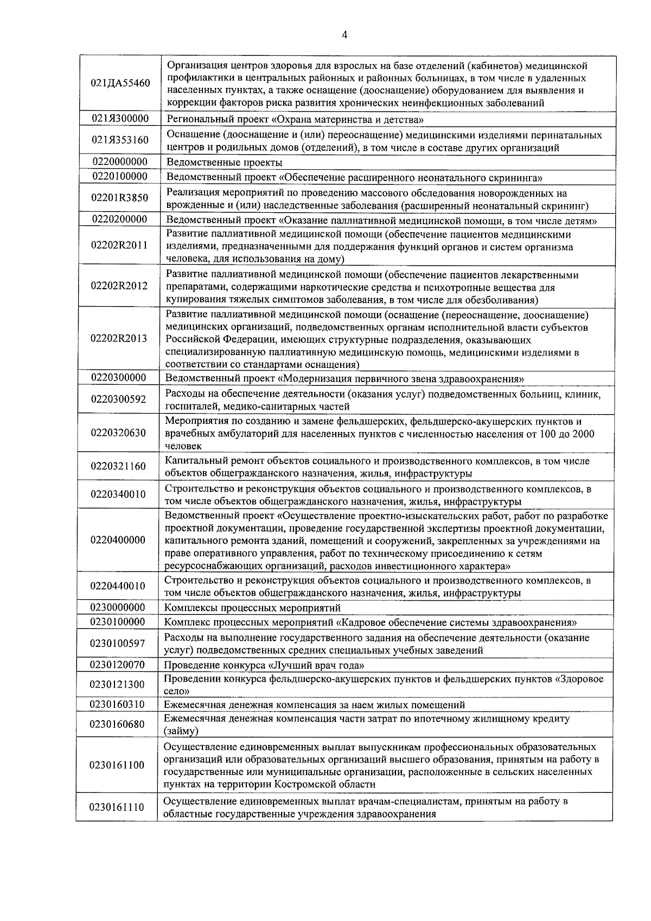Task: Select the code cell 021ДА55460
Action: [120, 84]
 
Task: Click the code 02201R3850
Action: [119, 198]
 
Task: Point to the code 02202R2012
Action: [119, 286]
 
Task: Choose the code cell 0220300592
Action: [119, 399]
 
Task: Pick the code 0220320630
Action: [119, 433]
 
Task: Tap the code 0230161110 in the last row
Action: [118, 807]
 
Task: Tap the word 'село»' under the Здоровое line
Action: [177, 691]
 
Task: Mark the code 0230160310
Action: [118, 704]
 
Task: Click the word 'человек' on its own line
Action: [183, 446]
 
